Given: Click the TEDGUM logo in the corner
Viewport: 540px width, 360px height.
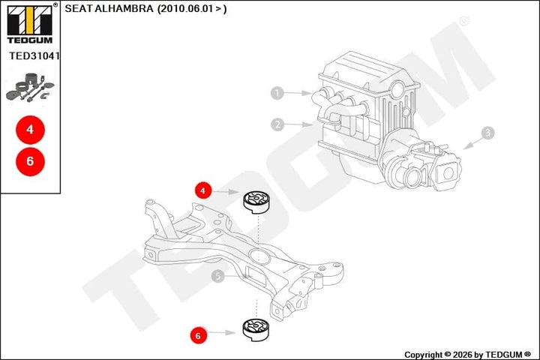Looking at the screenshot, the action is click(x=30, y=23).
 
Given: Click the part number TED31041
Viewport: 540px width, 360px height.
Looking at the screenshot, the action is click(x=34, y=55).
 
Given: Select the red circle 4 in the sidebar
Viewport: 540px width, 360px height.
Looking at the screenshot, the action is click(x=30, y=130).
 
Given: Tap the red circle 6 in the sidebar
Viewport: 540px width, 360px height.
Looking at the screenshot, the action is click(x=30, y=161).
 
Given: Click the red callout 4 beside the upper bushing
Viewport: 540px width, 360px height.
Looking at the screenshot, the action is click(x=202, y=190).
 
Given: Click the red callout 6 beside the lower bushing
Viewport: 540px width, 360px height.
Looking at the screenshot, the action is click(x=198, y=335).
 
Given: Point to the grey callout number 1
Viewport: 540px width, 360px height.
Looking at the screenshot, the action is click(x=277, y=93).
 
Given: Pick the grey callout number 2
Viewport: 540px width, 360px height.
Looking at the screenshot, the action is click(x=277, y=124).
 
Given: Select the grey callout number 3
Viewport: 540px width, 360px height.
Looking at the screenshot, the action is click(x=487, y=133).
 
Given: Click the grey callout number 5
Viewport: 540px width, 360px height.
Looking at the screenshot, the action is click(x=217, y=276).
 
